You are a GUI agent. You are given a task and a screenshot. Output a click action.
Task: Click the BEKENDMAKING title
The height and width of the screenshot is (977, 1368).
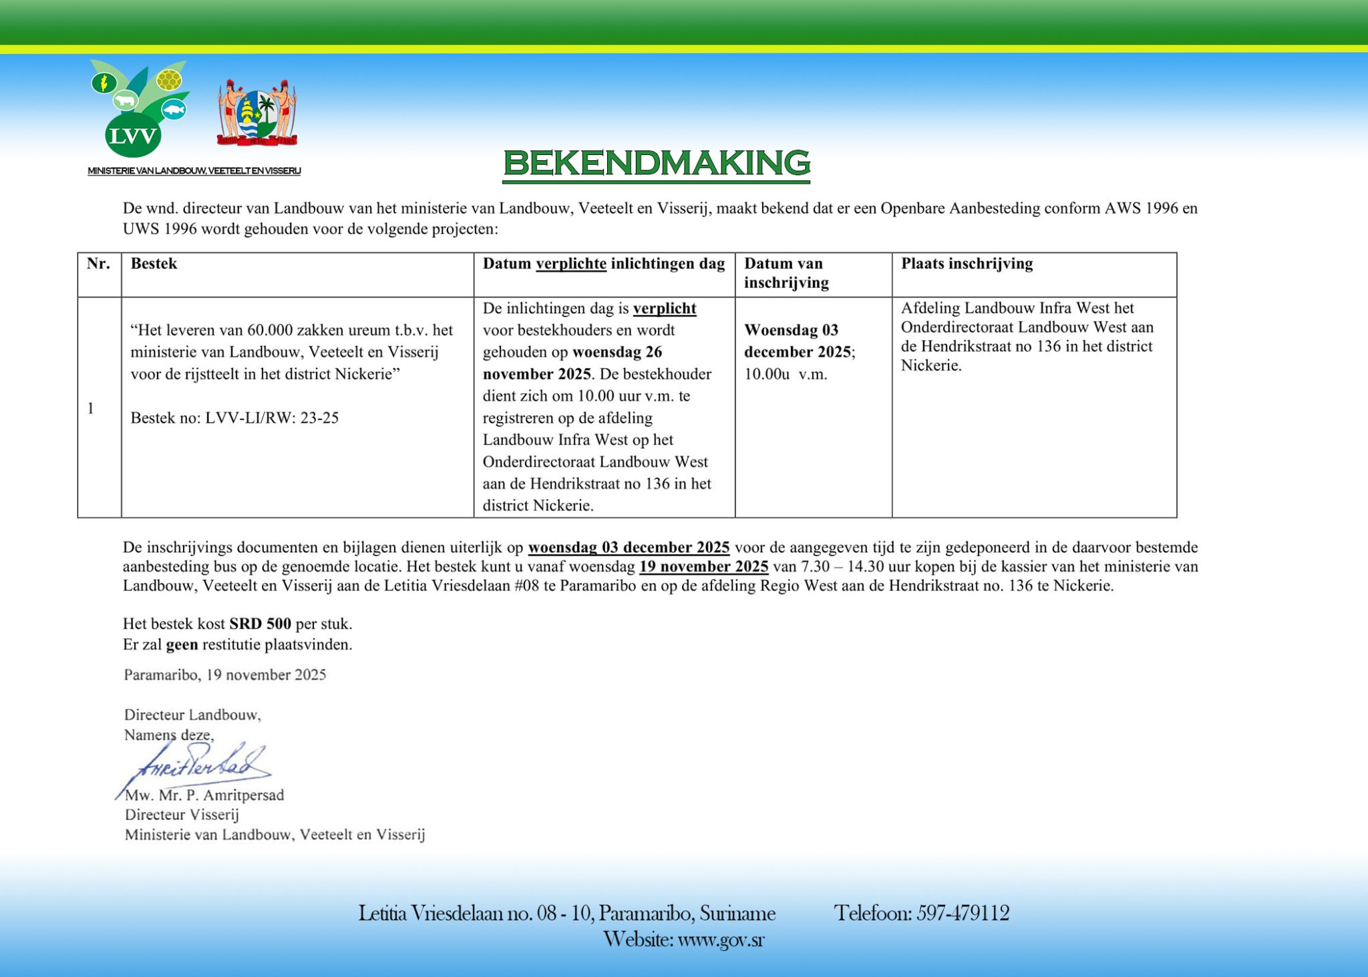pyautogui.click(x=656, y=164)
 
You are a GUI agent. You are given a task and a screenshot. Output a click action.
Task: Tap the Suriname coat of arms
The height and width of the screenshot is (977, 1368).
pyautogui.click(x=257, y=114)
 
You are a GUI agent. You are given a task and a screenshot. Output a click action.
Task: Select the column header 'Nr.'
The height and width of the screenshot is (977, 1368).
pyautogui.click(x=99, y=264)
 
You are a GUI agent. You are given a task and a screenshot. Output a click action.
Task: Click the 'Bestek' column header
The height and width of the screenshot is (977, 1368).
pyautogui.click(x=154, y=264)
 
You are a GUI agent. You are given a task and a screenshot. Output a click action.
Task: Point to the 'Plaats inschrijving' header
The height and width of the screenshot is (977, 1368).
pyautogui.click(x=967, y=264)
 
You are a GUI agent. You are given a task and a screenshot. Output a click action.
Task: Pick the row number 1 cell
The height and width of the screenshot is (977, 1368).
pyautogui.click(x=91, y=408)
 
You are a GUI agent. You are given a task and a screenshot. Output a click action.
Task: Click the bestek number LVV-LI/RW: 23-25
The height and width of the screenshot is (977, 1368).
pyautogui.click(x=272, y=418)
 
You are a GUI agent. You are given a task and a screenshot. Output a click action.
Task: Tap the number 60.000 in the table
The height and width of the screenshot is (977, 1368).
pyautogui.click(x=270, y=330)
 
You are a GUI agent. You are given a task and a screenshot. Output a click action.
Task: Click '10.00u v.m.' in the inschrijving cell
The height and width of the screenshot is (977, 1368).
pyautogui.click(x=786, y=374)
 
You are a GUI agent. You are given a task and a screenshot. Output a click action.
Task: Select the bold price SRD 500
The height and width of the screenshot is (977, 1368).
pyautogui.click(x=260, y=624)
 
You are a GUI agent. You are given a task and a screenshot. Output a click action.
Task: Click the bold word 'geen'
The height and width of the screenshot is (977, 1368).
pyautogui.click(x=182, y=644)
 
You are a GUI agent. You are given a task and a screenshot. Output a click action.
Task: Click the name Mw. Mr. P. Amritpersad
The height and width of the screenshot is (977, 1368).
pyautogui.click(x=204, y=795)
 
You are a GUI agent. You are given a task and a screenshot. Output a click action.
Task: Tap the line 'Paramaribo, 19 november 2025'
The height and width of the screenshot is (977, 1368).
pyautogui.click(x=225, y=674)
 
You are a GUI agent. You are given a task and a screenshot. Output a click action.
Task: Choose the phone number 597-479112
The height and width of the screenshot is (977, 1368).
pyautogui.click(x=963, y=913)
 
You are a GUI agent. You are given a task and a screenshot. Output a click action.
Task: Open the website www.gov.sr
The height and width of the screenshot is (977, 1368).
pyautogui.click(x=721, y=940)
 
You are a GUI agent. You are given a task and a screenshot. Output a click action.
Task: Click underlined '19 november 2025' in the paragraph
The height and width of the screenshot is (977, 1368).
pyautogui.click(x=703, y=567)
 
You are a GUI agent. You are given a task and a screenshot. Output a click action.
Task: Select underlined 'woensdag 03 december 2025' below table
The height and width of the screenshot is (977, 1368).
pyautogui.click(x=629, y=548)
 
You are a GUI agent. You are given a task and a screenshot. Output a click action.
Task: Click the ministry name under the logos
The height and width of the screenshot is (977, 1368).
pyautogui.click(x=194, y=171)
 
